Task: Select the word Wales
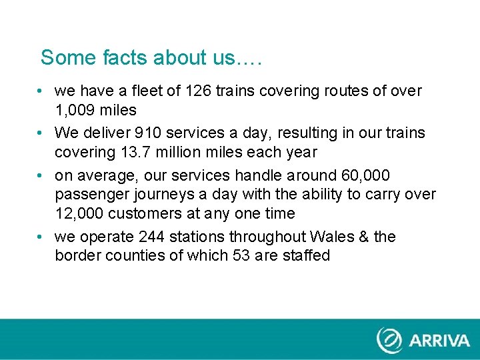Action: pos(333,237)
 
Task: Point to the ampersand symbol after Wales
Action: pos(364,237)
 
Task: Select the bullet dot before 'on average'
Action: pos(42,175)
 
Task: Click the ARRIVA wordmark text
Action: pos(439,341)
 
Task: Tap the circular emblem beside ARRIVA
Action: pos(389,340)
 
